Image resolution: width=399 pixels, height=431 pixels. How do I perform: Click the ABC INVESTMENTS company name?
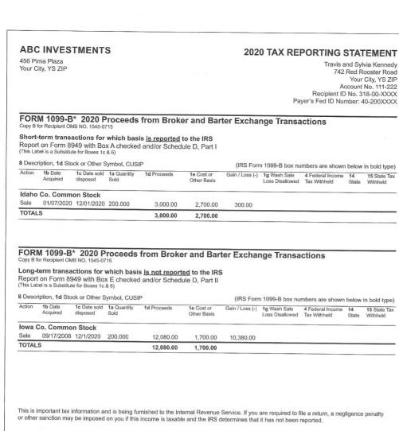(x=65, y=50)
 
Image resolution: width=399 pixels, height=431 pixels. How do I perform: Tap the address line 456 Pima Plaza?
(x=41, y=61)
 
